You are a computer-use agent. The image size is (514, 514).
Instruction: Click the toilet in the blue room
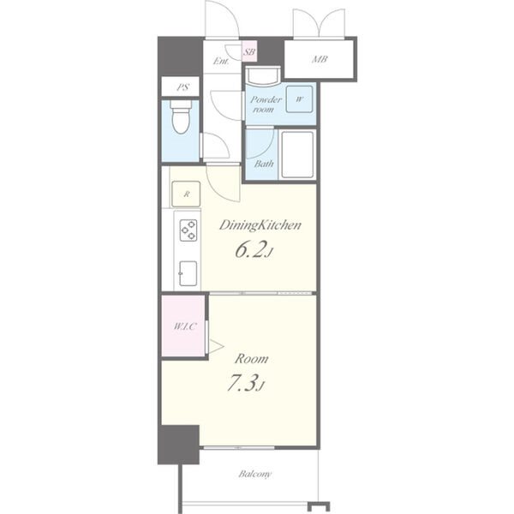point(181,117)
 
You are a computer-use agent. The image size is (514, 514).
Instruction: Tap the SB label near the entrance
point(249,51)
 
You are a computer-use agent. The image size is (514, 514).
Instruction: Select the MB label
point(320,59)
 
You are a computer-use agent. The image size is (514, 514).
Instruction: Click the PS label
point(183,87)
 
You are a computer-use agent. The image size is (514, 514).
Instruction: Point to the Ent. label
point(221,61)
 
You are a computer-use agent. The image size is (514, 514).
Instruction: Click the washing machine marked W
point(299,99)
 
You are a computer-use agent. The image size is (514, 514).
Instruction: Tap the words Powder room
point(266,105)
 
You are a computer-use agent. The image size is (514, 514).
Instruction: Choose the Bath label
point(264,164)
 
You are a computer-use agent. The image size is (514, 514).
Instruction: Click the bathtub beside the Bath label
point(297,155)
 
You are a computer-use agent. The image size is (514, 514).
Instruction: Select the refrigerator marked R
point(186,194)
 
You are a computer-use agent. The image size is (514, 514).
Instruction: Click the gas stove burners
point(188,230)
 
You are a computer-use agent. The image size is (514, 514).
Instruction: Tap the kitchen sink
point(188,273)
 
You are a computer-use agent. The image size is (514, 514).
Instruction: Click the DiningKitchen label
point(260,225)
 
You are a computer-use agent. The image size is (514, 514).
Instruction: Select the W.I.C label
point(185,326)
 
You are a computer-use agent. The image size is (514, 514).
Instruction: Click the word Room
point(251,359)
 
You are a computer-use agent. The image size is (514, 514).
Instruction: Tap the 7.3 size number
point(245,383)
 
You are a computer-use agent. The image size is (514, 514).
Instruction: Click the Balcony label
point(255,474)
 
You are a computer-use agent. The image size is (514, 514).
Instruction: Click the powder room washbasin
point(263,76)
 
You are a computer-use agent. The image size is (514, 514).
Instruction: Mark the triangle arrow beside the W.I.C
point(216,346)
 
